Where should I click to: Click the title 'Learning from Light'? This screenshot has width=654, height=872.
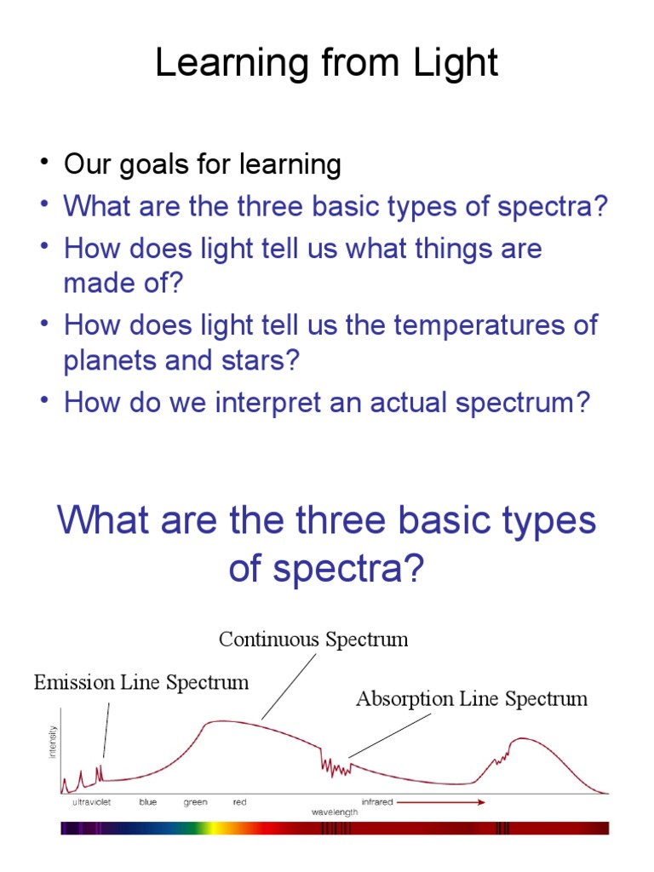point(326,63)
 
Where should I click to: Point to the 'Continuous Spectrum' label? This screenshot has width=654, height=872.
point(313,640)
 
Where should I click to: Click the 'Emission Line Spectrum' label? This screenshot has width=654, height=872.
point(141,682)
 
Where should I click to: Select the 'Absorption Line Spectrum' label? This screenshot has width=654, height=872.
point(471,699)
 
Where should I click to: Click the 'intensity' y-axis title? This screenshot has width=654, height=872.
point(54,743)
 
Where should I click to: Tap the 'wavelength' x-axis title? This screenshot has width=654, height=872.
point(334,812)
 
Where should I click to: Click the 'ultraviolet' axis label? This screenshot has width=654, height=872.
point(91,802)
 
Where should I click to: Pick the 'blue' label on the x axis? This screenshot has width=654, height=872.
point(148,802)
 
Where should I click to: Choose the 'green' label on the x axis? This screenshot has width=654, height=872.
point(195,802)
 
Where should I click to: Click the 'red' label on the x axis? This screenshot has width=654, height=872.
point(239,802)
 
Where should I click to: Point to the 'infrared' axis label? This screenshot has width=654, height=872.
point(377,802)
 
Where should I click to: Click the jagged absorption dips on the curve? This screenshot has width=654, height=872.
point(336,766)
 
